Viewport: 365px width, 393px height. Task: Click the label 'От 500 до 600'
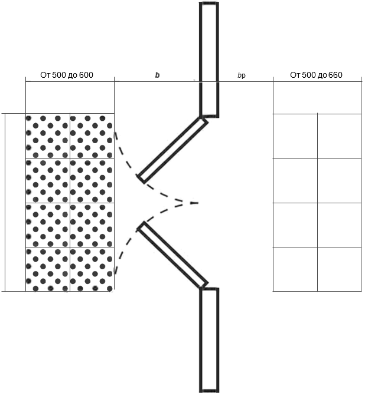(67, 75)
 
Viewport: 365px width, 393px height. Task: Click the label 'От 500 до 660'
(316, 75)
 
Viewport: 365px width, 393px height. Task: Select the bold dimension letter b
(157, 75)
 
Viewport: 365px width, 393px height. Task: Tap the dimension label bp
(241, 75)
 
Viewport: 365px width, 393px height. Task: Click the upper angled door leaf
(172, 148)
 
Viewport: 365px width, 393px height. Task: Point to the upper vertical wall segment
(209, 59)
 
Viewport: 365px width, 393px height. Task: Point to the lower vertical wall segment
(209, 339)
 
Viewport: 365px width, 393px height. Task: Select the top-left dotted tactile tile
(48, 137)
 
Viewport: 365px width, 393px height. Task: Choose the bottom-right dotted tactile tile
(92, 269)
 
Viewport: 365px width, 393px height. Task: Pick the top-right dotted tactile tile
(92, 137)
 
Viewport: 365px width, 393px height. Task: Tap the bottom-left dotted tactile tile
(48, 269)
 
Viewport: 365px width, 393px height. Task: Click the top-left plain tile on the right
(295, 136)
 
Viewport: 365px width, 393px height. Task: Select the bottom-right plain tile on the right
(339, 269)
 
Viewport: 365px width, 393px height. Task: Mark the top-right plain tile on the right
(339, 136)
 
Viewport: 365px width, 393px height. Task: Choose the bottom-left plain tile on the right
(295, 269)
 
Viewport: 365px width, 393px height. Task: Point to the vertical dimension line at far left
(5, 202)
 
